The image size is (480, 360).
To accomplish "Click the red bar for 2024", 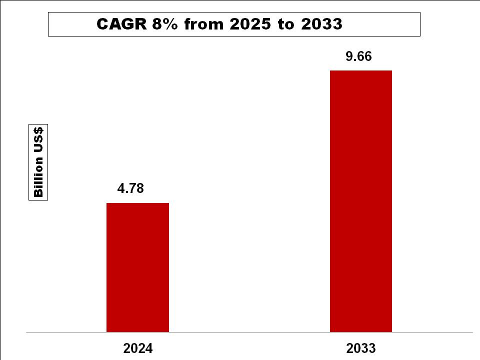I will (138, 267).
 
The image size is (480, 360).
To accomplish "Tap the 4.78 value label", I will (130, 188).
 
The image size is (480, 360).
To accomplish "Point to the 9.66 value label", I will (358, 56).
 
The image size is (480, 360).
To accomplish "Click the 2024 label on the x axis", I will (137, 348).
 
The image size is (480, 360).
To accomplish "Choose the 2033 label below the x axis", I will (360, 348).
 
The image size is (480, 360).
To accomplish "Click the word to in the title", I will (286, 24).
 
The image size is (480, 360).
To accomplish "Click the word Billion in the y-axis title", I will (38, 178).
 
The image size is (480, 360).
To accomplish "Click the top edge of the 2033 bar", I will (361, 71).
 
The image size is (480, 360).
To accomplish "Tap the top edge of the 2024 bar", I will (138, 203).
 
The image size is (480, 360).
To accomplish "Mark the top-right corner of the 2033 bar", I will (391, 71).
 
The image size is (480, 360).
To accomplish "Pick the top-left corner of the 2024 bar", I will (107, 203).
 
